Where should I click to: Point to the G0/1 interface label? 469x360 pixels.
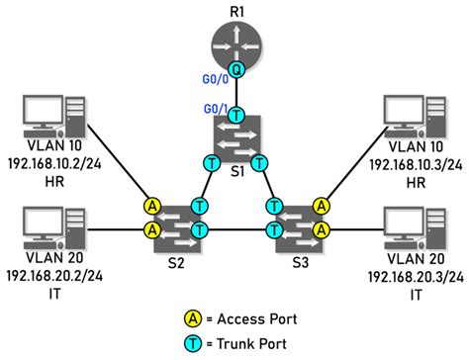(x=215, y=107)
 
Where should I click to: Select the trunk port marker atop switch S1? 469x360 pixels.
(x=234, y=115)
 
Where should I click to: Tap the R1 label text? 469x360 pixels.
(x=234, y=10)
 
